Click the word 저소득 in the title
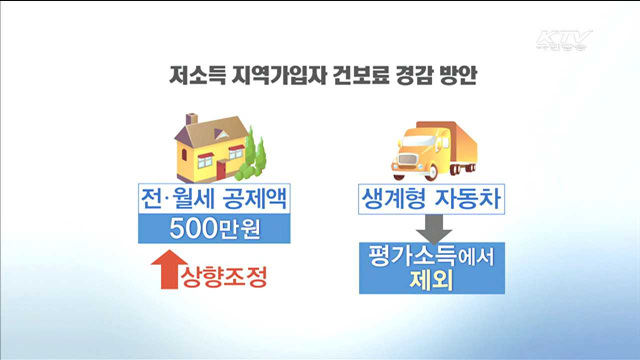(x=193, y=76)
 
